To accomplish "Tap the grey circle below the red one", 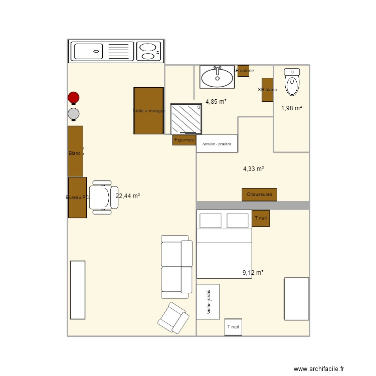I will coord(74,114).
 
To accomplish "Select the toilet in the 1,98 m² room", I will coord(292,82).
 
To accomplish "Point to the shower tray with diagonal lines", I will coord(185,119).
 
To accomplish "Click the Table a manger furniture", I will coord(149,111).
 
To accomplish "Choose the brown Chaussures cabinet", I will coord(259,195).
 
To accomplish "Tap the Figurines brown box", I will coord(184,140).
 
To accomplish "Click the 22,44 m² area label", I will coord(128,196).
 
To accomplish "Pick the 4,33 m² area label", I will coord(254,169).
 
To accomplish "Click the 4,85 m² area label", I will coord(216,101).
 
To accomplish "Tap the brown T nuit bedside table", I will coord(261,218).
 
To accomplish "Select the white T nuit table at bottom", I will coord(233,327).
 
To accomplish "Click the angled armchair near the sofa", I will coord(173,317).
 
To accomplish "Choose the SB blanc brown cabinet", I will coord(267,90).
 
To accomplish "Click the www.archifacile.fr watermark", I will coord(319,368).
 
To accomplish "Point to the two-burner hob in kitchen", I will coord(149,51).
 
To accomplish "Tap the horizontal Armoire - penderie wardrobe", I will coord(217,143).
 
